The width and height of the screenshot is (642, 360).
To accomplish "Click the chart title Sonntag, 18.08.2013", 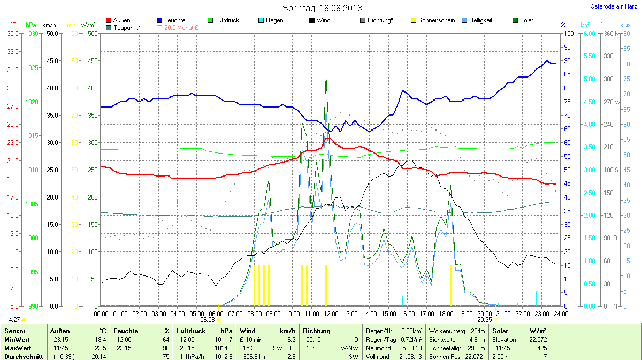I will pyautogui.click(x=322, y=8).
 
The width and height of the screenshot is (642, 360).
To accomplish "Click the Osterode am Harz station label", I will pyautogui.click(x=610, y=6).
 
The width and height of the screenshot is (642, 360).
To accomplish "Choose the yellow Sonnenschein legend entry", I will pyautogui.click(x=432, y=20).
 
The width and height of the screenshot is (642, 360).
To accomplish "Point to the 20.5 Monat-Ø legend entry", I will pyautogui.click(x=179, y=27).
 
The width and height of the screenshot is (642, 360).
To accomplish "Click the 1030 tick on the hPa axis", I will pyautogui.click(x=32, y=33).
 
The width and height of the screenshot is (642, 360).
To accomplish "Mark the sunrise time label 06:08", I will pyautogui.click(x=208, y=319).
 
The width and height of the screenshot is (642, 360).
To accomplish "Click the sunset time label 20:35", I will pyautogui.click(x=484, y=319).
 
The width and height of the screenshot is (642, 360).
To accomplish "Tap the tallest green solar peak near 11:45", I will pyautogui.click(x=326, y=75).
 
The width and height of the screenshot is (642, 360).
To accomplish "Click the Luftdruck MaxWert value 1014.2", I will pyautogui.click(x=224, y=348).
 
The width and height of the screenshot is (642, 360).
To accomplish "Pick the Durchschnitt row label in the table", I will pyautogui.click(x=23, y=356).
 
